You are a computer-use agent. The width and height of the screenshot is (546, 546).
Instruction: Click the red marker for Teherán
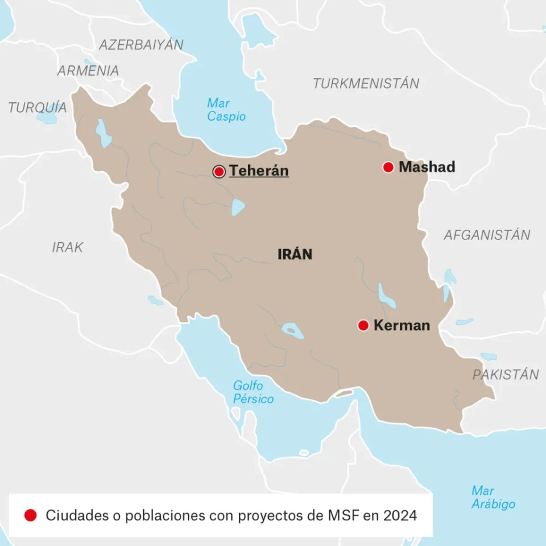[219, 172]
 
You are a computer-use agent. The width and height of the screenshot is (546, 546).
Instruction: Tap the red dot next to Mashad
[388, 167]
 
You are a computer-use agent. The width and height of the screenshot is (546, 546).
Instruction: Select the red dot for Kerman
[363, 325]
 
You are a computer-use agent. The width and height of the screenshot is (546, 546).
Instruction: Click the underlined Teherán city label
[259, 171]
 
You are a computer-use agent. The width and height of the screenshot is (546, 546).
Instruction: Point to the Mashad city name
[427, 167]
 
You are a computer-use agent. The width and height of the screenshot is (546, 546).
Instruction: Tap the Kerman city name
[402, 325]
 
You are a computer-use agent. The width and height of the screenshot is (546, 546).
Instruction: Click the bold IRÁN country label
[295, 254]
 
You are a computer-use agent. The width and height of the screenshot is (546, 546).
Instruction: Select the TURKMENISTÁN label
[366, 84]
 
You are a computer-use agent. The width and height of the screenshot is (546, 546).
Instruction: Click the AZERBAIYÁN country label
[142, 44]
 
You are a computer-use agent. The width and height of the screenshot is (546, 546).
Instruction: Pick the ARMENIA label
[88, 71]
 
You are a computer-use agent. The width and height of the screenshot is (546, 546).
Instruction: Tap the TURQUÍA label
[38, 107]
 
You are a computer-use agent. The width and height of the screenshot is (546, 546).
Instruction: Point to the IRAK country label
[68, 247]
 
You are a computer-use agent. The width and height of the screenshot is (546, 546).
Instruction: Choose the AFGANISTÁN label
[487, 235]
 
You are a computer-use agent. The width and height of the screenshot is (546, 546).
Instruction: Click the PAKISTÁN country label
[506, 375]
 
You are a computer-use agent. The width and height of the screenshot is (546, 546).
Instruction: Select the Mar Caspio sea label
[226, 110]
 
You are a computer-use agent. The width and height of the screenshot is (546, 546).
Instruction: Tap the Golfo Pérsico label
[253, 392]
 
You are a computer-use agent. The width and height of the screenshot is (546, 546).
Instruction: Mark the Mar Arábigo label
[493, 498]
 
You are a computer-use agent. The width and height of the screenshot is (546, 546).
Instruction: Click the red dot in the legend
[31, 515]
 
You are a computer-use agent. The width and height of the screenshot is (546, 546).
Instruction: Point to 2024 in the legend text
[400, 516]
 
